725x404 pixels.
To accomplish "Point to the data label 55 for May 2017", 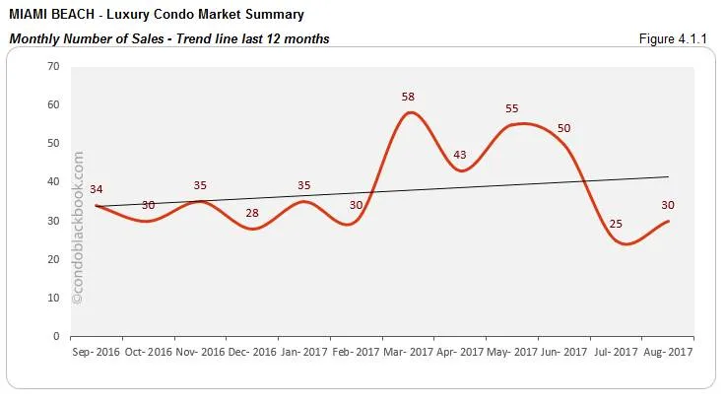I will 512,108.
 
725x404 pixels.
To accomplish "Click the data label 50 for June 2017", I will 563,129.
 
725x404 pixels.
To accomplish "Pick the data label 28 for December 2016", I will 251,213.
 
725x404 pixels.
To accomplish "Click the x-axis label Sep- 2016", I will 96,350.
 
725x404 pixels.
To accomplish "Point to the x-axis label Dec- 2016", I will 252,350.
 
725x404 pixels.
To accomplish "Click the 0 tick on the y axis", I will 57,336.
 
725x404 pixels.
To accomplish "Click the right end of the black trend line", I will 669,176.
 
